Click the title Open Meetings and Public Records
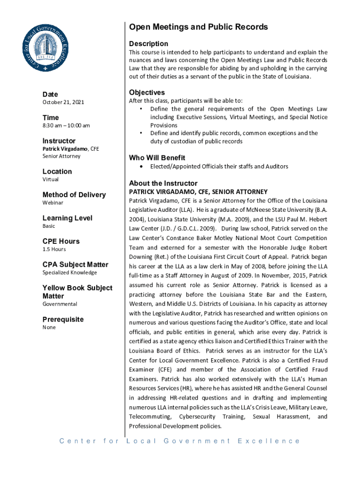pyautogui.click(x=198, y=27)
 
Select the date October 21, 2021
pyautogui.click(x=64, y=102)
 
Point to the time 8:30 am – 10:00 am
pyautogui.click(x=66, y=125)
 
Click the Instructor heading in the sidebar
pyautogui.click(x=59, y=141)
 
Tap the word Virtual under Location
pyautogui.click(x=51, y=179)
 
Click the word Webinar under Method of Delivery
pyautogui.click(x=53, y=202)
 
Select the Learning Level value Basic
pyautogui.click(x=49, y=226)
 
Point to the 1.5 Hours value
pyautogui.click(x=54, y=249)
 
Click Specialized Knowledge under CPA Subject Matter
pyautogui.click(x=70, y=273)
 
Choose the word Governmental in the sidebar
pyautogui.click(x=60, y=304)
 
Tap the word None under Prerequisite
pyautogui.click(x=49, y=327)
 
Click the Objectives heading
pyautogui.click(x=147, y=92)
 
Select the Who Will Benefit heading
pyautogui.click(x=157, y=158)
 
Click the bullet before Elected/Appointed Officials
pyautogui.click(x=142, y=167)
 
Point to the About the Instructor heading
pyautogui.click(x=163, y=183)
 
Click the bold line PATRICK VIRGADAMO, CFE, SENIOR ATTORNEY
pyautogui.click(x=198, y=192)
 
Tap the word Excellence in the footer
pyautogui.click(x=268, y=441)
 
